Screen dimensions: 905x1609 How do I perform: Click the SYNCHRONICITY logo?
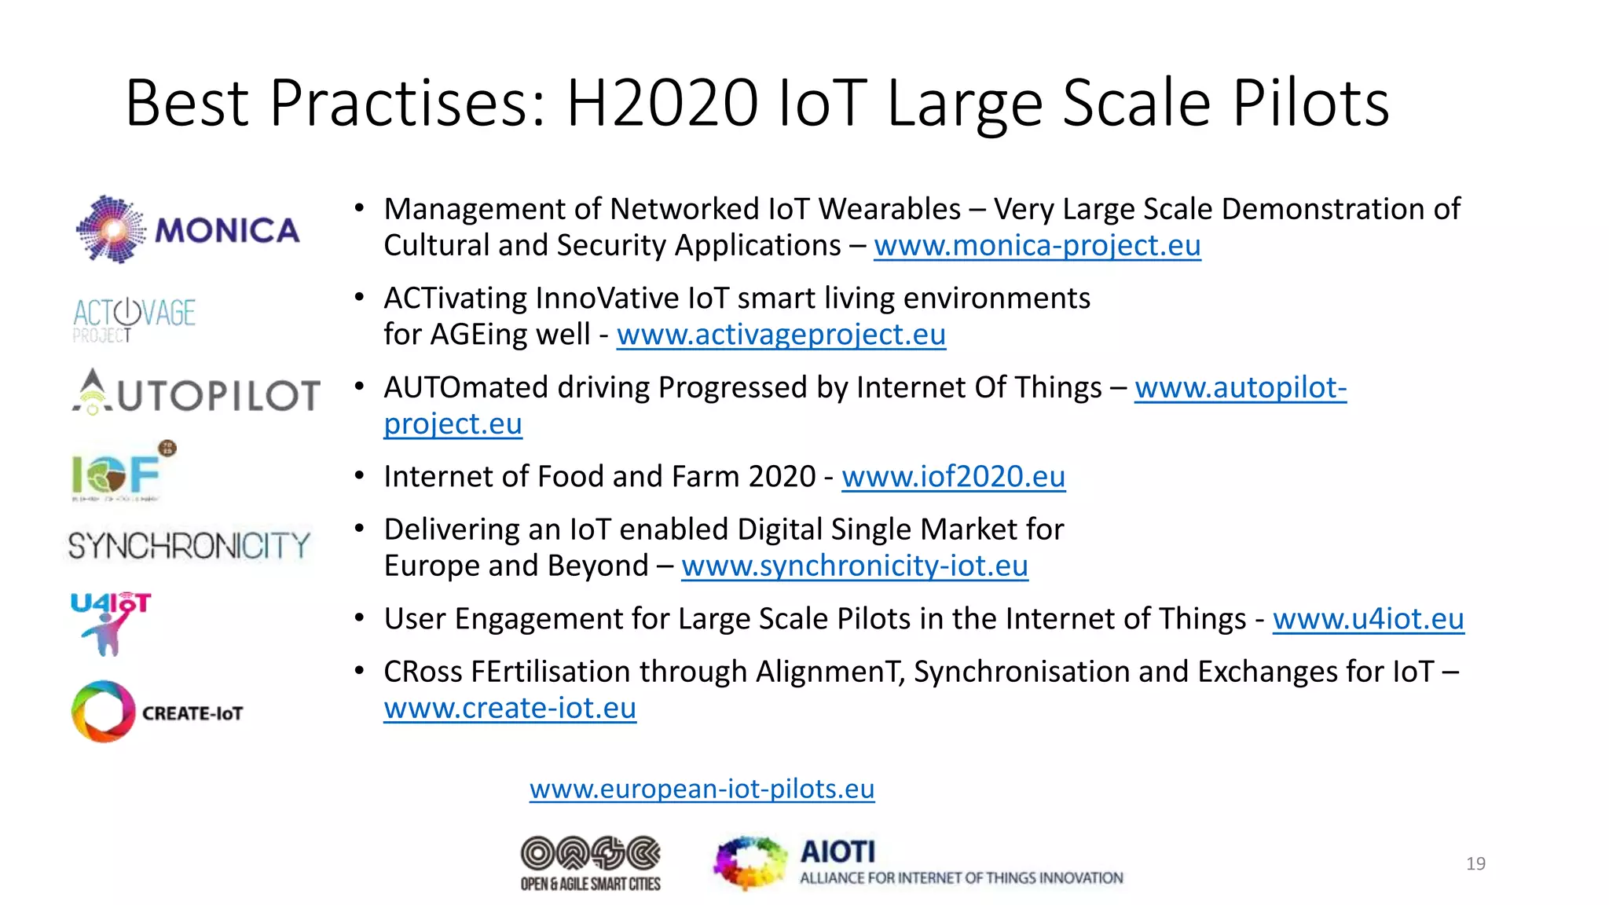click(x=189, y=545)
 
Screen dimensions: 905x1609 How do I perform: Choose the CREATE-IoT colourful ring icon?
click(x=103, y=712)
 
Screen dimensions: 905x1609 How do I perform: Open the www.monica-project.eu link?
click(x=1037, y=246)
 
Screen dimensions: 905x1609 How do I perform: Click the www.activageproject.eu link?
click(x=781, y=335)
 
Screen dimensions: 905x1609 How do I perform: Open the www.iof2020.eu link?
click(x=953, y=477)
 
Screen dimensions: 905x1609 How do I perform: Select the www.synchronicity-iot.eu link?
click(x=855, y=566)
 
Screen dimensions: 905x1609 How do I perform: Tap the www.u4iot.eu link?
click(x=1368, y=619)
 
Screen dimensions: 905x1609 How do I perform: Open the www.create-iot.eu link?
click(x=510, y=708)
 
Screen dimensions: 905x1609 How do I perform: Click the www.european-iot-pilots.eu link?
click(x=702, y=789)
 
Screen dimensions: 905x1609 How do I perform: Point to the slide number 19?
click(x=1475, y=864)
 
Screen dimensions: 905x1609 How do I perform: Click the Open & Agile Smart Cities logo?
click(x=591, y=863)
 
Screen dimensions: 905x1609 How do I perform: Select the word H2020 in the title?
click(x=662, y=103)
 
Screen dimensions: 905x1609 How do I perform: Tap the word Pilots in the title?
click(x=1310, y=103)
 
